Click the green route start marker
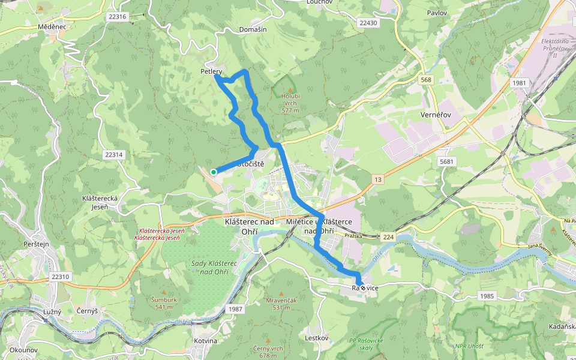tap(214, 172)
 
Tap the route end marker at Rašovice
tap(362, 288)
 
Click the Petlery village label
tap(211, 72)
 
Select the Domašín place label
tap(253, 29)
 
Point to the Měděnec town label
tap(52, 27)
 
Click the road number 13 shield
tap(378, 180)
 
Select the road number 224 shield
tap(389, 238)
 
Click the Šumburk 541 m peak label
tap(162, 303)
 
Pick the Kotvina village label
tap(206, 341)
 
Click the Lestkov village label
tap(317, 338)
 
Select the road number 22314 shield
tap(113, 155)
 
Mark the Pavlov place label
tap(437, 13)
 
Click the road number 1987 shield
tap(236, 308)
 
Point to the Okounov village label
tap(24, 350)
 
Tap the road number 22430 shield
tap(368, 23)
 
